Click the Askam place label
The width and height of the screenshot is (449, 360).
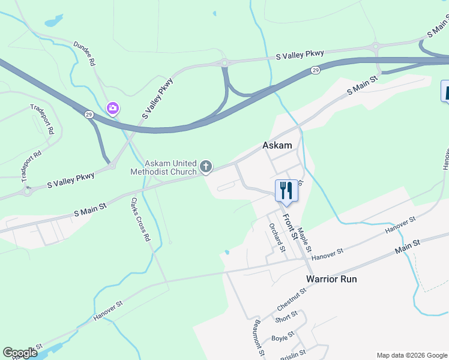pyautogui.click(x=277, y=146)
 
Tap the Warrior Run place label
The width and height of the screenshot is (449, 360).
pyautogui.click(x=331, y=279)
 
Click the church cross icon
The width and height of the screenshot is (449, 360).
pyautogui.click(x=206, y=167)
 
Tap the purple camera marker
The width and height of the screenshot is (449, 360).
pyautogui.click(x=112, y=108)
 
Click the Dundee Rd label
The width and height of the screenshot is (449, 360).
pyautogui.click(x=85, y=53)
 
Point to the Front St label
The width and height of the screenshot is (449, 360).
pyautogui.click(x=290, y=226)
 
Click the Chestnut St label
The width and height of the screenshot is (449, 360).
pyautogui.click(x=292, y=299)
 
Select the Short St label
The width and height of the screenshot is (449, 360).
pyautogui.click(x=286, y=316)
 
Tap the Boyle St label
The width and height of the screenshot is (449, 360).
pyautogui.click(x=283, y=337)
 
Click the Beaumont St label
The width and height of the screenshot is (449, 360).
pyautogui.click(x=259, y=337)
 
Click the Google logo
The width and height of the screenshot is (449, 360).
pyautogui.click(x=20, y=353)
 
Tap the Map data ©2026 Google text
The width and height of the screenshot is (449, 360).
pyautogui.click(x=411, y=355)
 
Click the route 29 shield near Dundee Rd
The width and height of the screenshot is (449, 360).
pyautogui.click(x=89, y=114)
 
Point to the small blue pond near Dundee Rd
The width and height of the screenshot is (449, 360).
pyautogui.click(x=53, y=21)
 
